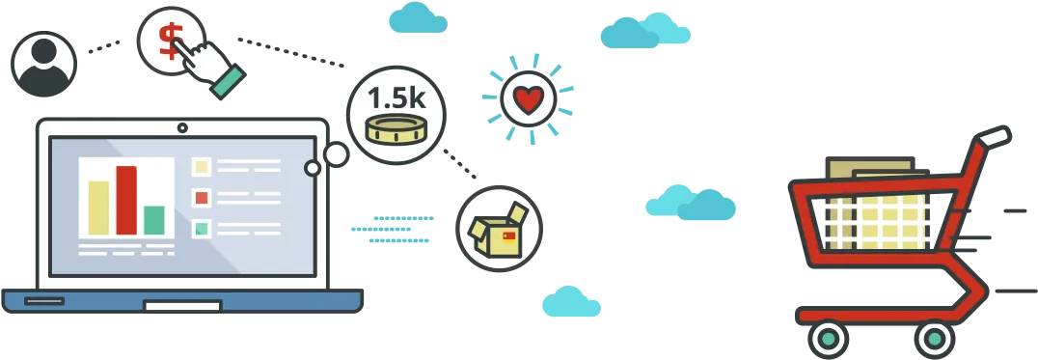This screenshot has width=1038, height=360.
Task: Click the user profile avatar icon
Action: pos(43,65)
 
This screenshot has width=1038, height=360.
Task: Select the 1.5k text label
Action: pos(396,97)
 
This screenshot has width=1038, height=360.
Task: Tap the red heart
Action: pos(529,100)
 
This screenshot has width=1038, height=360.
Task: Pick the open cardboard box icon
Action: pos(499,230)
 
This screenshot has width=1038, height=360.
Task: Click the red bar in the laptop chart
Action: pos(126,200)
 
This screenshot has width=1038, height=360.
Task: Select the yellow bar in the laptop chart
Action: pos(98,208)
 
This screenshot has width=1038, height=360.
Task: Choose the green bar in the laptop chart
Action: pos(154,220)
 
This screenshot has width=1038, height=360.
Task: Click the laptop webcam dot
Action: pos(182,127)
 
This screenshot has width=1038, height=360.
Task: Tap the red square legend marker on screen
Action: pos(202,197)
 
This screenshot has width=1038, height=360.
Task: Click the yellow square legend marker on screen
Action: pos(202,165)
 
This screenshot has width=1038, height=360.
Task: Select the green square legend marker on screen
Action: pos(202,229)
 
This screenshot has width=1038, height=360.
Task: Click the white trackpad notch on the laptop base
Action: pos(182,306)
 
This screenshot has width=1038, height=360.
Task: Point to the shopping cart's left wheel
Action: pos(828,340)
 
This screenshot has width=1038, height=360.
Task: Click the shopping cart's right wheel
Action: pos(934,340)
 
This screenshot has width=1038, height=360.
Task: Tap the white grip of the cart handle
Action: pos(993,136)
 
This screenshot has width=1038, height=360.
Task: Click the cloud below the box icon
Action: pos(571,301)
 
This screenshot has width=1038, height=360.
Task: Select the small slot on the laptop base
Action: pos(44,301)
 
